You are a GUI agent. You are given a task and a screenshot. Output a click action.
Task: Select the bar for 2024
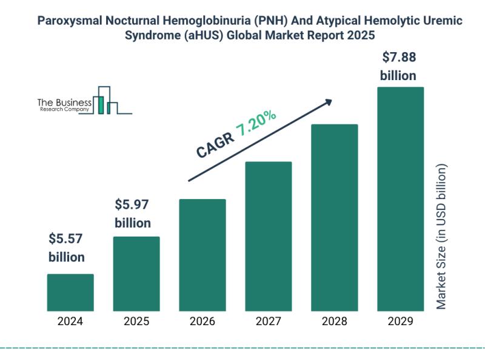coord(70,292)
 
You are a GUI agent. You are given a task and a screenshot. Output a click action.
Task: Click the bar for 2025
coord(136,274)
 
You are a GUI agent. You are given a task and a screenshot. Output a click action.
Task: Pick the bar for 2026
coord(202,255)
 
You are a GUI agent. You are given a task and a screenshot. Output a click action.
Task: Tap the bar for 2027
coord(269,237)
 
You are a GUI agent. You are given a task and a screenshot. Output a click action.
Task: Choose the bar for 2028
coord(335,218)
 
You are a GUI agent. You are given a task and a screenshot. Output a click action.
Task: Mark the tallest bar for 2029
coord(401,199)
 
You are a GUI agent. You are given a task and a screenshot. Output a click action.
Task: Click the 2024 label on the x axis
coord(70,322)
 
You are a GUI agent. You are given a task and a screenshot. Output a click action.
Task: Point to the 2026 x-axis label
coord(202,322)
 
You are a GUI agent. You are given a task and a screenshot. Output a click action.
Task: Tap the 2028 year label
coord(335,322)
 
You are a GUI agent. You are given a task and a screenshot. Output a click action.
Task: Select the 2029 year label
coord(401,322)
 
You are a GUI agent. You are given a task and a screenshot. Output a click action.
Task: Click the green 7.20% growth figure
coord(256,123)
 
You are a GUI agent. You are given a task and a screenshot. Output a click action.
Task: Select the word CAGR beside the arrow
coord(215,145)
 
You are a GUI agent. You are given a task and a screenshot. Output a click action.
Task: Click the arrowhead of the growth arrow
coord(329,103)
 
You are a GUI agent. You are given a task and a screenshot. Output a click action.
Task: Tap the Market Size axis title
coord(441,237)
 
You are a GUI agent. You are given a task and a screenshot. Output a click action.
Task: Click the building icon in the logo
coord(105,100)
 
